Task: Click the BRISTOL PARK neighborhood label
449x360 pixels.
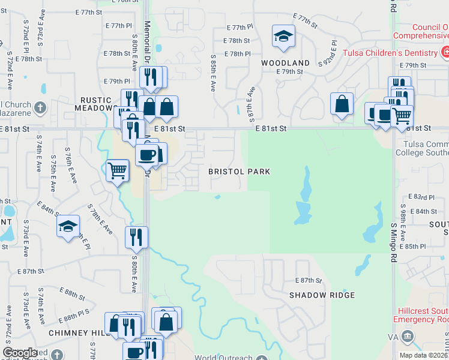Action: point(239,172)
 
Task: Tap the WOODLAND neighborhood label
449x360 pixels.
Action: point(285,63)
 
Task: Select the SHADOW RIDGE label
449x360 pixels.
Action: point(322,295)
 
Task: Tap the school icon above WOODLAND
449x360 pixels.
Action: point(283,37)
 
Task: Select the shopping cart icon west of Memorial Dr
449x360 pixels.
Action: point(117,170)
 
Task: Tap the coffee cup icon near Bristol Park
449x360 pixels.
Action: point(147,155)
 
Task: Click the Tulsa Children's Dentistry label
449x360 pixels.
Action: point(390,53)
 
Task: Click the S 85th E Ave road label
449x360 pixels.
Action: point(213,74)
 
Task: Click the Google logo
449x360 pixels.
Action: point(20,353)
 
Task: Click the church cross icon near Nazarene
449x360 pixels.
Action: point(40,109)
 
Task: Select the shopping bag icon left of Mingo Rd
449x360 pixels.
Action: point(342,104)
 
